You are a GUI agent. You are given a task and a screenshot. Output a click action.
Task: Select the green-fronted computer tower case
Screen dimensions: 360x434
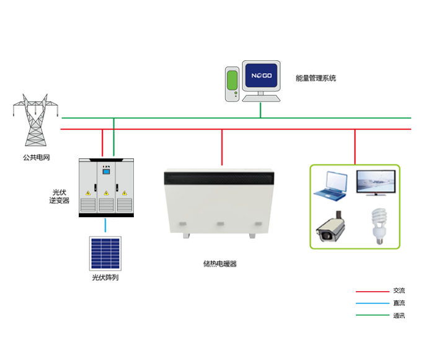click(x=231, y=84)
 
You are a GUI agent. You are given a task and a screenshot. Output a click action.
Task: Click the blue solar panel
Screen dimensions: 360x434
click(x=106, y=253)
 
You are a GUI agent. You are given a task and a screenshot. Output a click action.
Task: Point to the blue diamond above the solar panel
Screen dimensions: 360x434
click(x=108, y=227)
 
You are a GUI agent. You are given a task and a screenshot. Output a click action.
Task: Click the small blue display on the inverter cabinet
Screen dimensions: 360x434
click(x=106, y=172)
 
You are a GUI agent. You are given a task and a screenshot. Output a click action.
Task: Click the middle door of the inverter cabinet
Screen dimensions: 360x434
click(x=106, y=186)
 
